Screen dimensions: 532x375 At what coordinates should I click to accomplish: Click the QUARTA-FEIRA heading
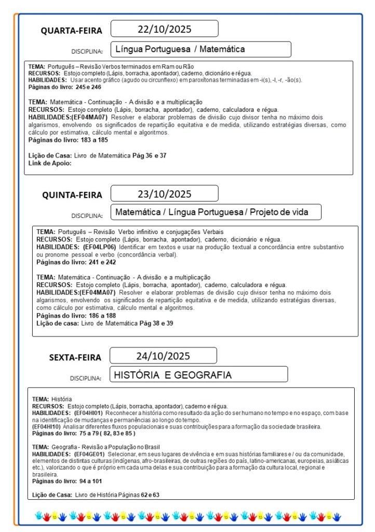(72, 31)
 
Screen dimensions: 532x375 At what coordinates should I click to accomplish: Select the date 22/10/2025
(164, 29)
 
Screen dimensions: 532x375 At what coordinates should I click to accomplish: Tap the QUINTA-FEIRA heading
(72, 195)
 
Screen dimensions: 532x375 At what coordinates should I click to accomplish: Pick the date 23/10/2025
(164, 194)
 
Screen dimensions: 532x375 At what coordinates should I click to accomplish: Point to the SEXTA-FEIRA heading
(75, 357)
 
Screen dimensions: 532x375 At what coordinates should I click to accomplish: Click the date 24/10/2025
(163, 356)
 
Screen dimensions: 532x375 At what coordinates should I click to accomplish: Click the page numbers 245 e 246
(88, 87)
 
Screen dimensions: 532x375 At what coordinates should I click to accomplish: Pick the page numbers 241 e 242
(102, 262)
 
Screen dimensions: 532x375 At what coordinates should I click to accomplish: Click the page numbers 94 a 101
(91, 481)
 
